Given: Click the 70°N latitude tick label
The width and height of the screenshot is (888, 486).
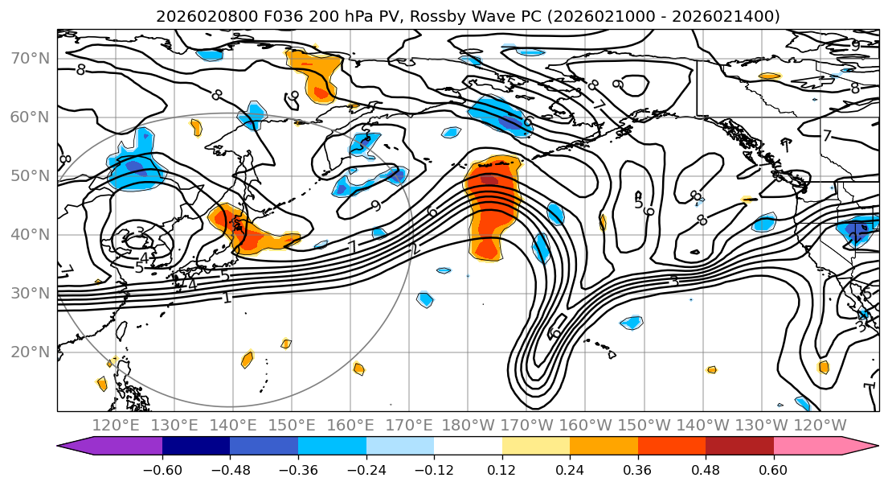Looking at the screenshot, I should pyautogui.click(x=29, y=59).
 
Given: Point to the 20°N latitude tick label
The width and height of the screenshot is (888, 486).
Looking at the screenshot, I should pyautogui.click(x=29, y=352).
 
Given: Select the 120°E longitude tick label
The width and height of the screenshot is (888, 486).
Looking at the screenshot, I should pyautogui.click(x=116, y=425).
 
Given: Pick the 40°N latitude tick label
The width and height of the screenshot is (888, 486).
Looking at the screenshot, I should pyautogui.click(x=29, y=235).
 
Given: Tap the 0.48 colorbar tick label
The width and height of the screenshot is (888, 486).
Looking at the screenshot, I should pyautogui.click(x=706, y=469).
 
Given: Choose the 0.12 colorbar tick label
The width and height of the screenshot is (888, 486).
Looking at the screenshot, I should pyautogui.click(x=501, y=469).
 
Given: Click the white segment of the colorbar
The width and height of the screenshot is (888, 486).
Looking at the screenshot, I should pyautogui.click(x=468, y=447).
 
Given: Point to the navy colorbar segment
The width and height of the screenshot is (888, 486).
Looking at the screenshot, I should pyautogui.click(x=196, y=447).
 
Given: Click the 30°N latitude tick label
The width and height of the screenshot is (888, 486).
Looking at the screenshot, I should pyautogui.click(x=29, y=294).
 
